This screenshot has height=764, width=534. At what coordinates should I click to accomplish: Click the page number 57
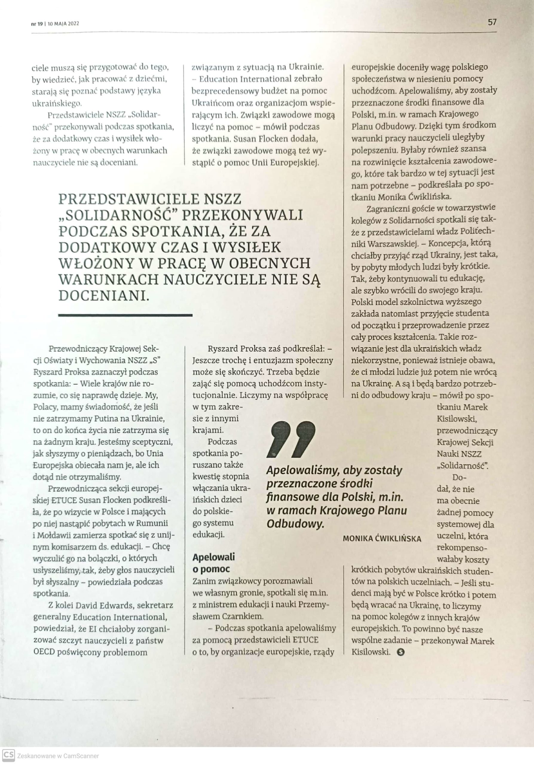click(492, 22)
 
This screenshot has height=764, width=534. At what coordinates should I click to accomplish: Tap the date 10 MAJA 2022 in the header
click(63, 24)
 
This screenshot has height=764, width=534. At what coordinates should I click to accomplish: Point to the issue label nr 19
click(37, 24)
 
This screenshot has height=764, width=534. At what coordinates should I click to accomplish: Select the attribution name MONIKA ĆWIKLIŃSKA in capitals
click(382, 538)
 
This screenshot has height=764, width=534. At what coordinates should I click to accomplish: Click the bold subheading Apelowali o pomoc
click(214, 563)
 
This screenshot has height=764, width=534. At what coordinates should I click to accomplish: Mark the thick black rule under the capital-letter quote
click(125, 315)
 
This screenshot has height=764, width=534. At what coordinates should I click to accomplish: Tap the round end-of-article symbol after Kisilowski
click(401, 652)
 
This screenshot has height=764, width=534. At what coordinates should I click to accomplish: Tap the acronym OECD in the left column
click(44, 652)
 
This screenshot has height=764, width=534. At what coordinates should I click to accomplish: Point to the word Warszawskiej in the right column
click(393, 244)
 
